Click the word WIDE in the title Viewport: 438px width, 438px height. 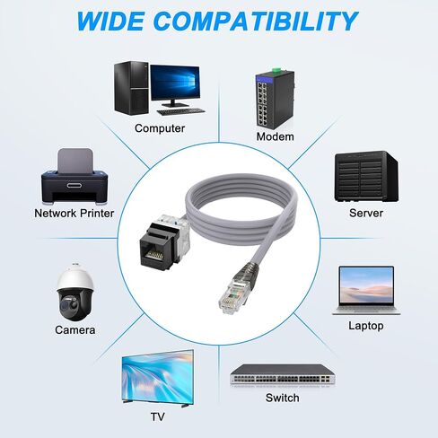click(109, 21)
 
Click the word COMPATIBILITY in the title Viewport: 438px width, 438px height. click(255, 21)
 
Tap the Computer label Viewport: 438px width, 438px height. click(160, 128)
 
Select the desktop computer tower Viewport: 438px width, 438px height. click(131, 88)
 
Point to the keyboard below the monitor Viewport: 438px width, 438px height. click(181, 111)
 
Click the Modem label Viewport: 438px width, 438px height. click(276, 136)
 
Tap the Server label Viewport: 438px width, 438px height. click(366, 213)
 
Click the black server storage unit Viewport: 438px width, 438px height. click(366, 176)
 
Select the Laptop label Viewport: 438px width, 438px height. click(366, 326)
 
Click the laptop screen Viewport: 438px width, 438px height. click(366, 285)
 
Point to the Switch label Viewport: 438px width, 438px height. click(282, 398)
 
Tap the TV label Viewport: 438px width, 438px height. click(157, 416)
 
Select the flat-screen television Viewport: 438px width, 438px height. click(158, 378)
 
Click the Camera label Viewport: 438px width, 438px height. click(75, 330)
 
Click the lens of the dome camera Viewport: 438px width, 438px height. click(66, 304)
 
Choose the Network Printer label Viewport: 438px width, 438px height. click(74, 214)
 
